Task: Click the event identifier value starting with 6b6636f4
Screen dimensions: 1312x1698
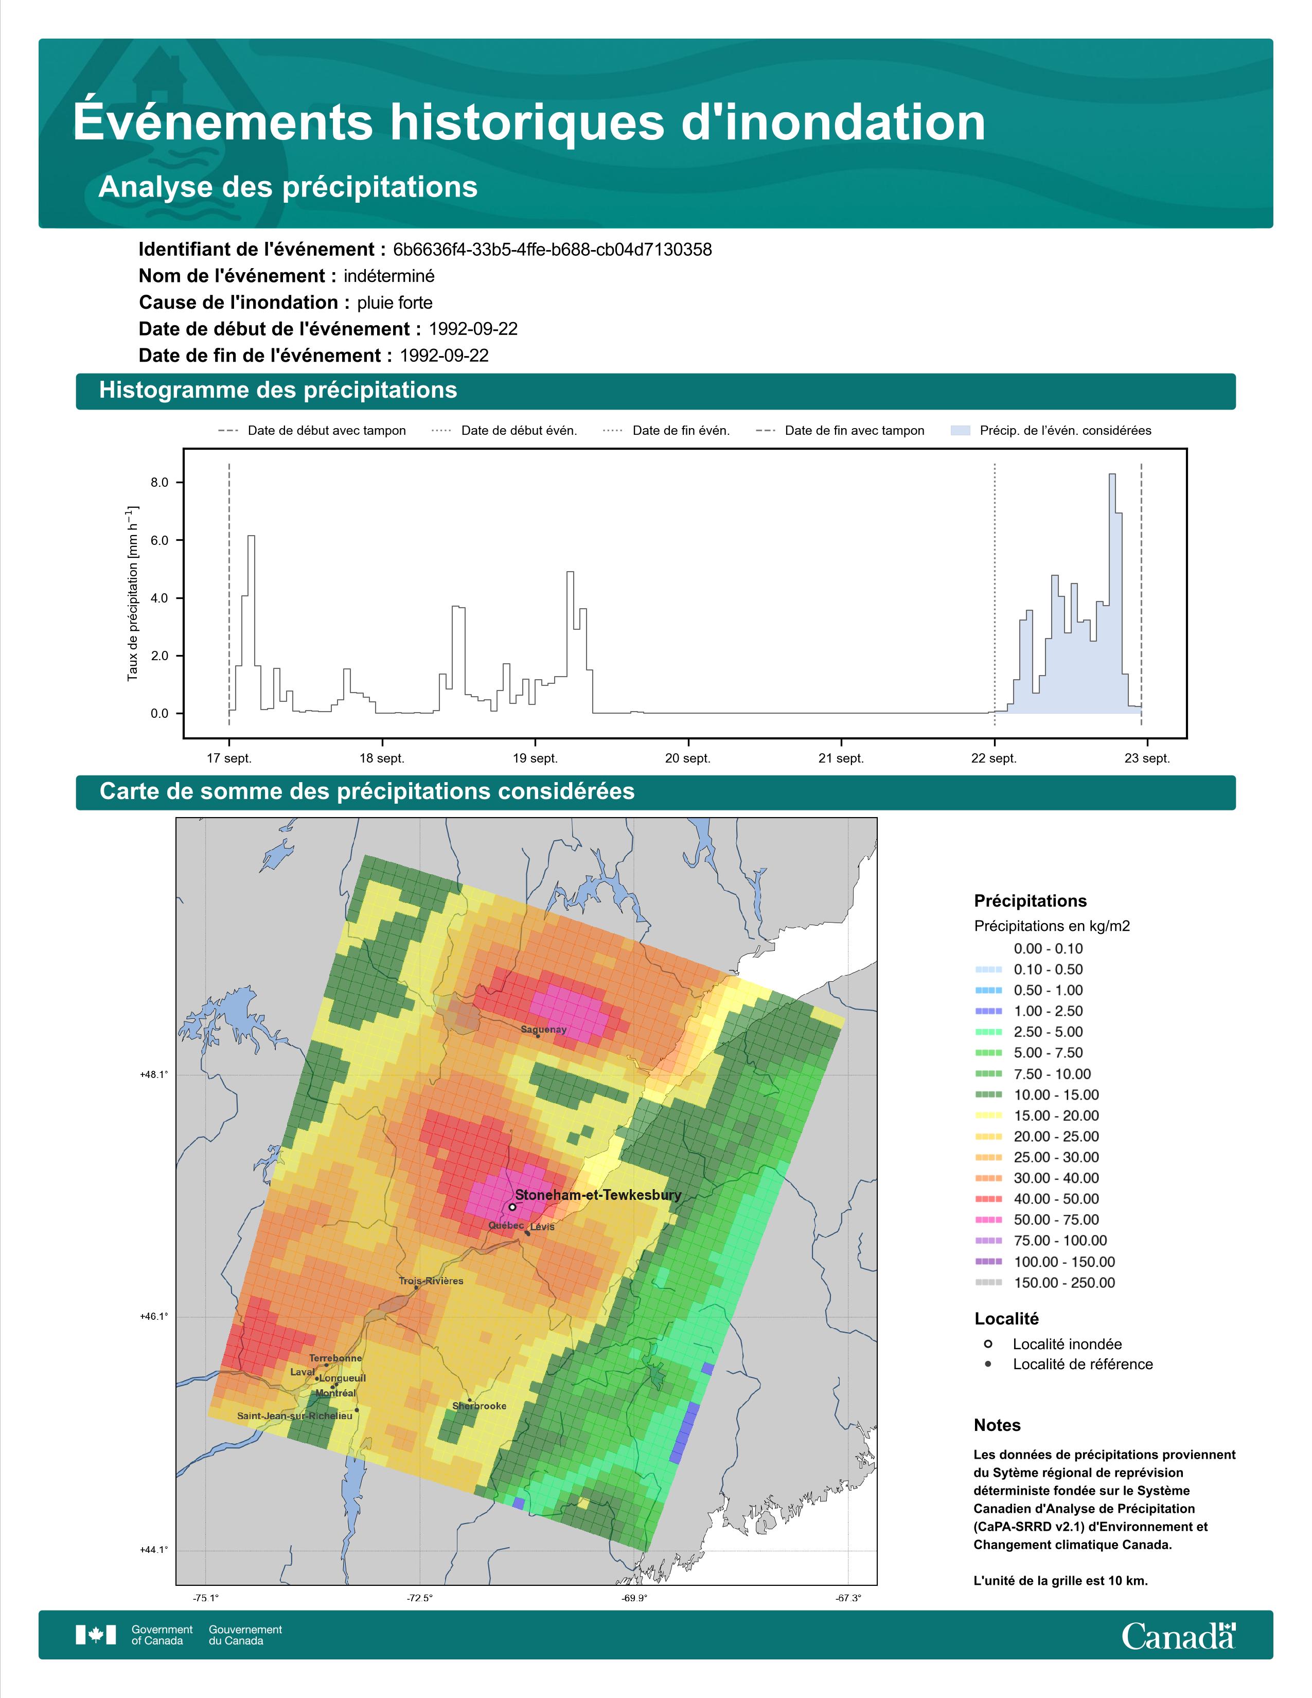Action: coord(552,250)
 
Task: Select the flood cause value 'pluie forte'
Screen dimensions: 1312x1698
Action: coord(395,303)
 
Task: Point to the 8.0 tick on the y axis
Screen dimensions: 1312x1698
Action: coord(159,482)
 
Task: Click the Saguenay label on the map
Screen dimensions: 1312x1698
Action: coord(543,1030)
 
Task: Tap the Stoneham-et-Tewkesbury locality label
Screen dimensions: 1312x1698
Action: coord(598,1195)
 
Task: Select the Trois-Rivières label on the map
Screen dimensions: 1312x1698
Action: coord(431,1281)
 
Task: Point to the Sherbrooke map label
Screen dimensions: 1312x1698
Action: coord(479,1406)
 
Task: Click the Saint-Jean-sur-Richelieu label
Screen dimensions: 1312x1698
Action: coord(295,1416)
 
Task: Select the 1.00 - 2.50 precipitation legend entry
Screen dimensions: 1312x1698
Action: coord(1048,1011)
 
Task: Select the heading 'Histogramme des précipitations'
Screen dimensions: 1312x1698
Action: coord(278,391)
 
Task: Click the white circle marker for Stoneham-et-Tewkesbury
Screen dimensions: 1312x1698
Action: coord(512,1207)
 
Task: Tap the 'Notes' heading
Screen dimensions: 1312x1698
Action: coord(997,1425)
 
